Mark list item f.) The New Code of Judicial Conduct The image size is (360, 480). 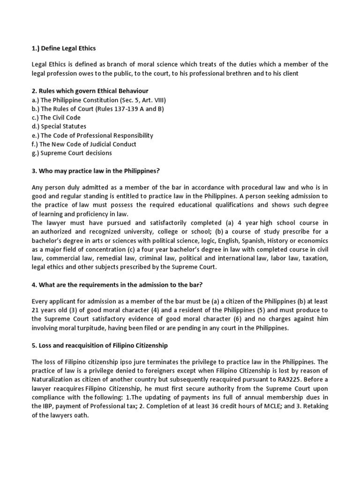coord(84,144)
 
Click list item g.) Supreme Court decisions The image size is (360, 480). coord(72,153)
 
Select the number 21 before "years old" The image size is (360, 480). coord(36,310)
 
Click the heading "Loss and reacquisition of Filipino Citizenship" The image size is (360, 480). coord(99,345)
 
